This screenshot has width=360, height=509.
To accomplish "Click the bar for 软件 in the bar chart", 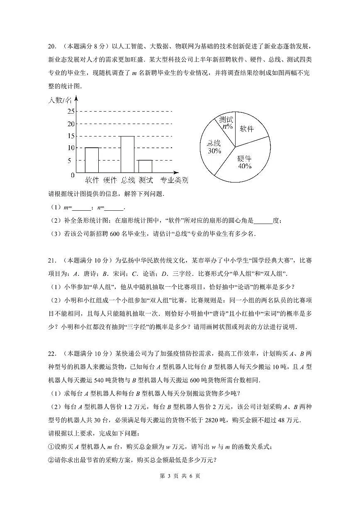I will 92,160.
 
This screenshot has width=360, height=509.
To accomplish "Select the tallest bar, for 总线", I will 127,154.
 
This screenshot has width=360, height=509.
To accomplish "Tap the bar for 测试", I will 145,166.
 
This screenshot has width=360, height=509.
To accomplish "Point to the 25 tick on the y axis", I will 71,111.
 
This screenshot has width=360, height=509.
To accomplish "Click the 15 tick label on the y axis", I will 71,136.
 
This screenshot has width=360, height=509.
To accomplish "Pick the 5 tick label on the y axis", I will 72,160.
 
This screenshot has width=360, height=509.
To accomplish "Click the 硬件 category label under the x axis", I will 110,180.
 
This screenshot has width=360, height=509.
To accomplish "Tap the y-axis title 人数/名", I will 60,100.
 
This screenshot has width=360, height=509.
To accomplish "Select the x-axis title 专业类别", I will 174,180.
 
